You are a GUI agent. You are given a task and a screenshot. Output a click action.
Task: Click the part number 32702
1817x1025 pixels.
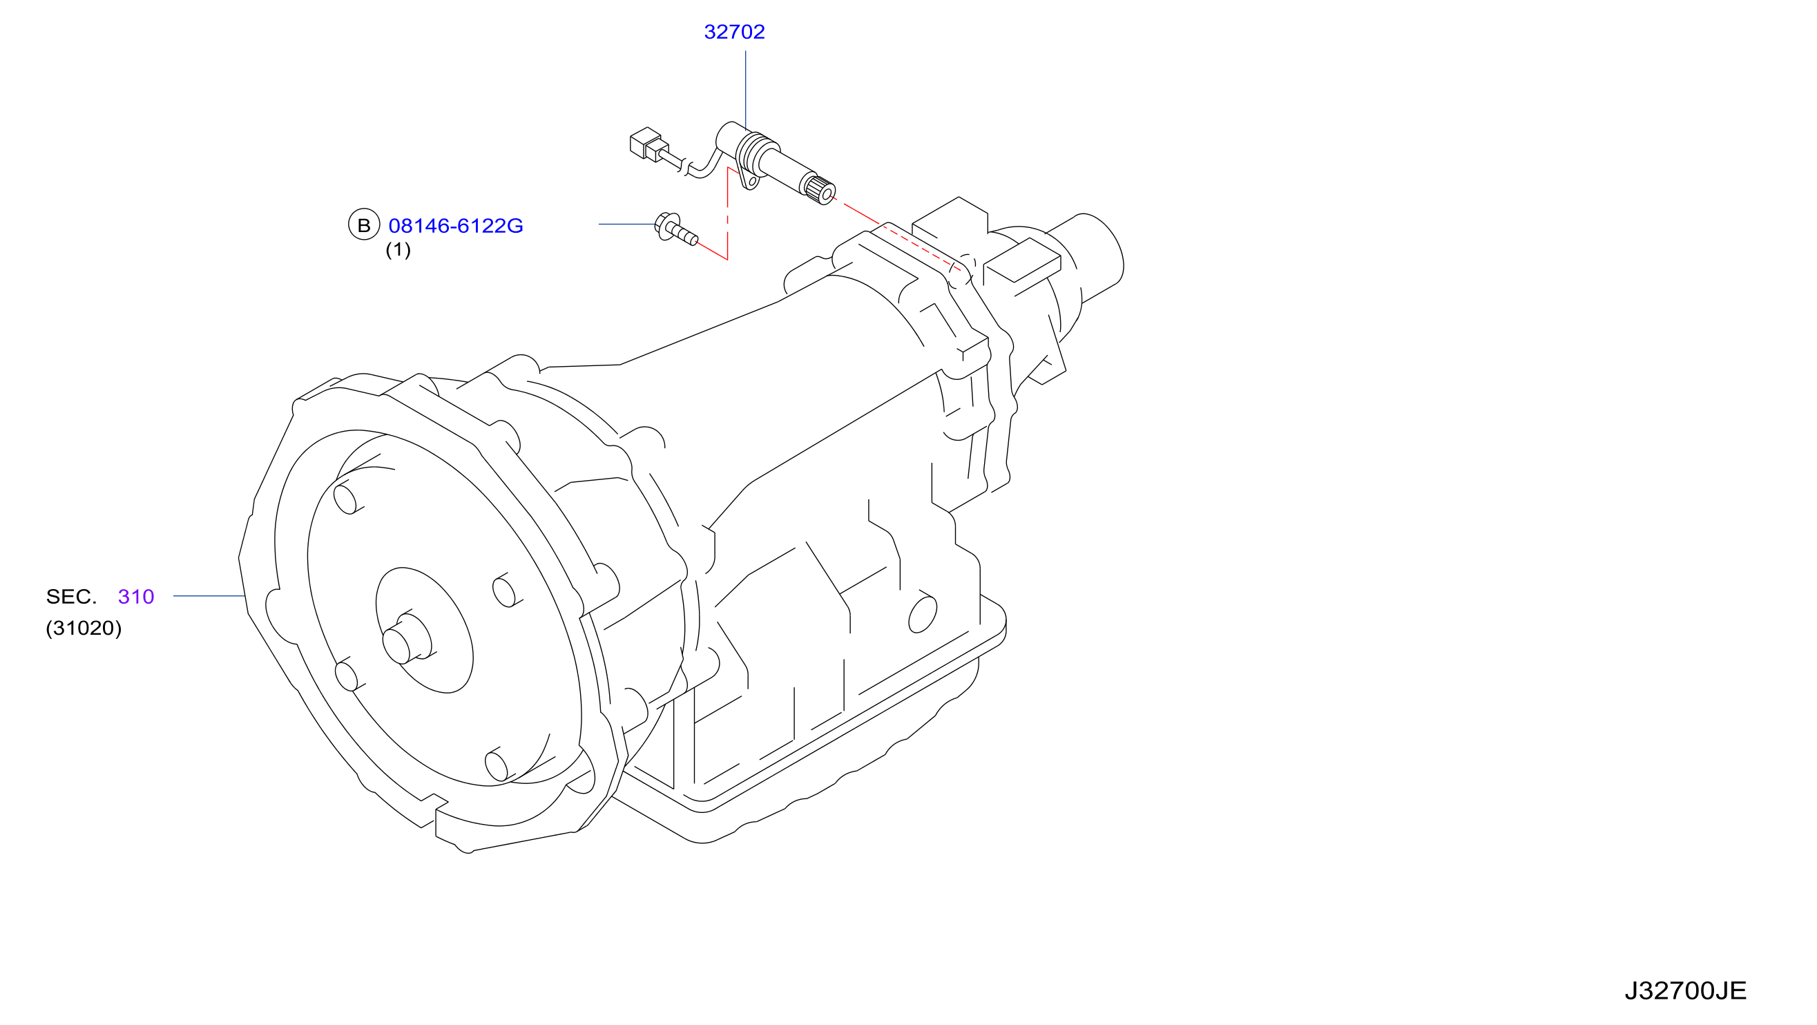[x=734, y=32]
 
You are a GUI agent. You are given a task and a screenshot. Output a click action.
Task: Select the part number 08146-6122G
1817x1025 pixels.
[x=456, y=226]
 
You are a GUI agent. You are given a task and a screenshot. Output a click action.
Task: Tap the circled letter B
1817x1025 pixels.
[x=364, y=224]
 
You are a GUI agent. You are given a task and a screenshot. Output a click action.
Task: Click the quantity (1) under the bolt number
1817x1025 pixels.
[x=398, y=250]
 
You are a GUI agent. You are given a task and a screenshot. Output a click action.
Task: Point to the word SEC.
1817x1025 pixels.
[x=71, y=597]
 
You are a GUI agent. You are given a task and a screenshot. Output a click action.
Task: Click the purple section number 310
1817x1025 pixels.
[x=136, y=597]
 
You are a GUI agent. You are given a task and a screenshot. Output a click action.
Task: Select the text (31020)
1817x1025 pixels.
[x=84, y=628]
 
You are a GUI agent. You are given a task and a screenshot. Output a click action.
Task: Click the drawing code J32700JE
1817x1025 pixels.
[x=1685, y=991]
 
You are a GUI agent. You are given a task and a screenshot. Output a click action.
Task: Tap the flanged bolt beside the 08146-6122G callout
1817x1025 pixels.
[x=675, y=229]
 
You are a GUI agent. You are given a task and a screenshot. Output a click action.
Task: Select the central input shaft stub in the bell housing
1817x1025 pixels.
[x=406, y=638]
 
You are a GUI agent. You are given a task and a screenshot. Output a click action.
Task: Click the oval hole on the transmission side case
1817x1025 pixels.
[x=923, y=614]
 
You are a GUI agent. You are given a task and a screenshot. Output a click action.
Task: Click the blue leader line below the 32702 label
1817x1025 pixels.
[x=746, y=90]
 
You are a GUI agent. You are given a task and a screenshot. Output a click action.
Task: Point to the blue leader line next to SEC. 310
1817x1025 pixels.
[x=209, y=596]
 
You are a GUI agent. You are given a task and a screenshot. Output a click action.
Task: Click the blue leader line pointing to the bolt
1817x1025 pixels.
[x=627, y=224]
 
